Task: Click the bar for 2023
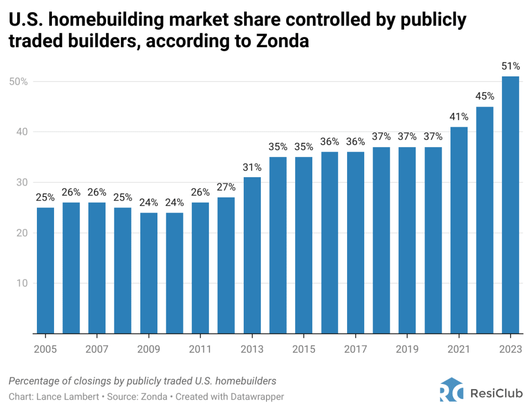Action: (x=510, y=205)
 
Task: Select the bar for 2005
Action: (x=45, y=270)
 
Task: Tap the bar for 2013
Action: (x=252, y=255)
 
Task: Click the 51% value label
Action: (x=510, y=66)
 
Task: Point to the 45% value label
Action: (x=484, y=96)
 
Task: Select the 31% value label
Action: (x=252, y=167)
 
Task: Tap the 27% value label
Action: (x=226, y=187)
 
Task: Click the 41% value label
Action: (x=459, y=116)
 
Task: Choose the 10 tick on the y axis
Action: (x=21, y=283)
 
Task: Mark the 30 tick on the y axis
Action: (x=21, y=182)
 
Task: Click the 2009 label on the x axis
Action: (x=149, y=348)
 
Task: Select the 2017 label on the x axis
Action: (x=355, y=348)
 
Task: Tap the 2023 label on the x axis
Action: (x=510, y=348)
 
